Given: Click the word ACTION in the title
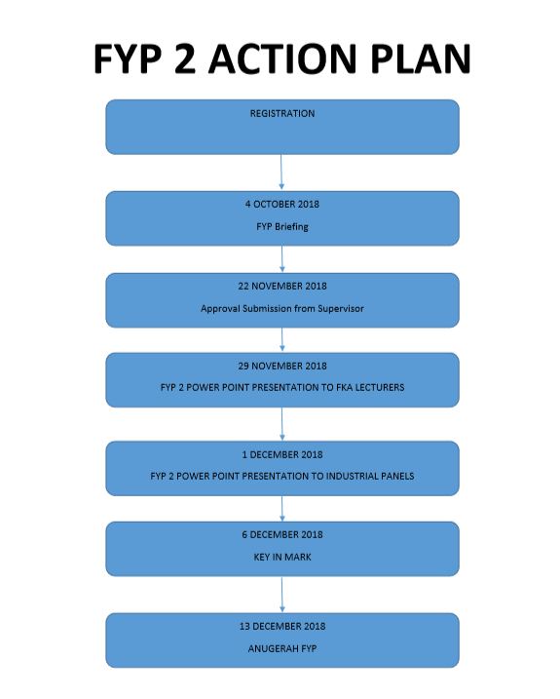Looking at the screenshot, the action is pos(282,58).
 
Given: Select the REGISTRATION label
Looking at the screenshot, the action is pos(282,114).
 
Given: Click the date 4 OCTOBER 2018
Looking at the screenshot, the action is pos(282,204).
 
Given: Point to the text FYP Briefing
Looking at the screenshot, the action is pos(282,227).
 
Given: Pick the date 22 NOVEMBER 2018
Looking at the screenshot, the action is pos(282,287).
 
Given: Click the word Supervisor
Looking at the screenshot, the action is pos(341,308).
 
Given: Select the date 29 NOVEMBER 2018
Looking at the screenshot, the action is pos(282,366).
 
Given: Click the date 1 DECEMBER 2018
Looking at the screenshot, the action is pos(282,454).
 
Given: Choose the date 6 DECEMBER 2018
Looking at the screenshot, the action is pos(282,534).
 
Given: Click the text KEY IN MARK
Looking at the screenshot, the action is pos(282,557).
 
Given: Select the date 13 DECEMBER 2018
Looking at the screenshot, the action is pos(282,626).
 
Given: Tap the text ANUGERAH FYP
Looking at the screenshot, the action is pos(282,648).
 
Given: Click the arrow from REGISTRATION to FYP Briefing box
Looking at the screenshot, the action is pos(281,173).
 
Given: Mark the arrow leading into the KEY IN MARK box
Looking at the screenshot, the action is pos(282,509).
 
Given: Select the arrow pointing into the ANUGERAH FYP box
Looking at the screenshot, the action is pos(282,595).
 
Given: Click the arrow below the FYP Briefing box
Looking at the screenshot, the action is pos(282,259).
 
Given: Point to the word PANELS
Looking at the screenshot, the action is pos(397,476).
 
